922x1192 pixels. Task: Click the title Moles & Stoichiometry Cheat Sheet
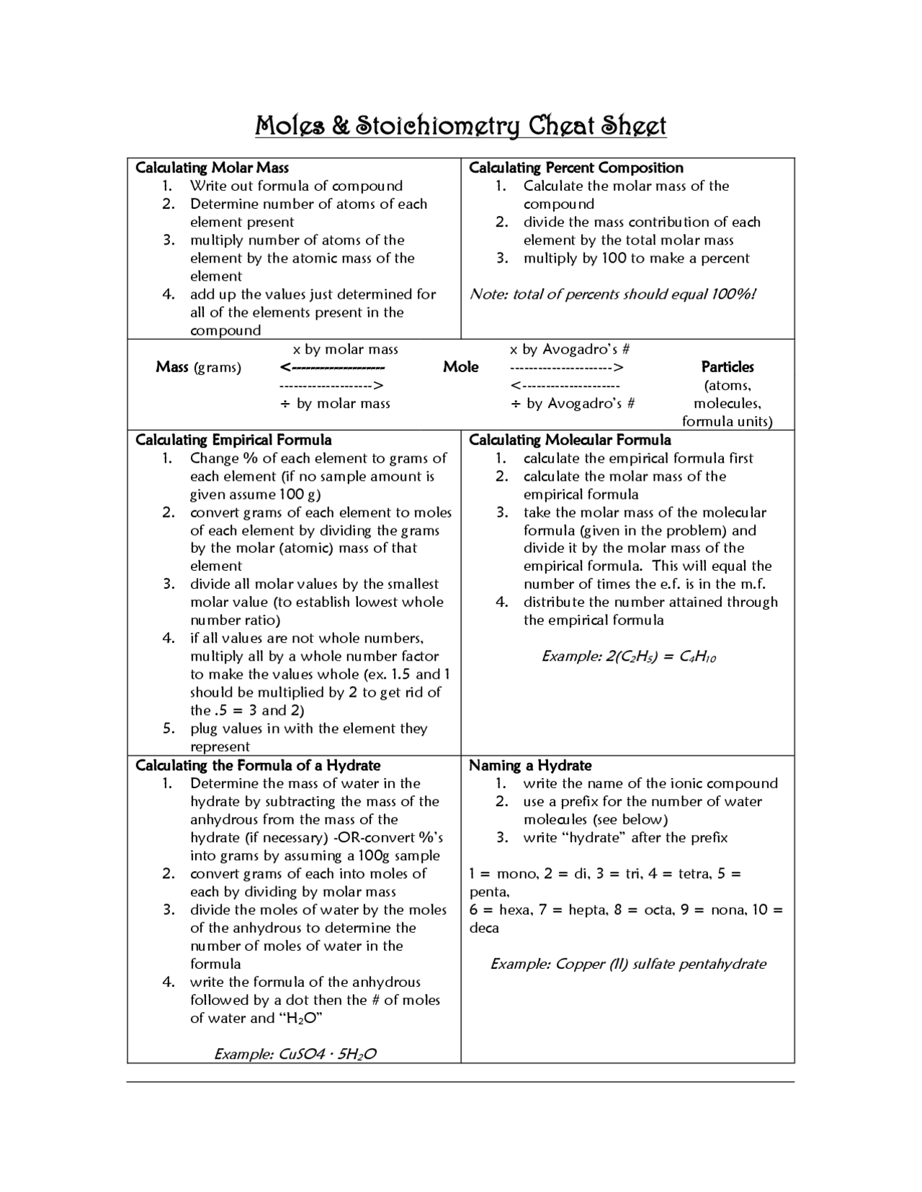[461, 125]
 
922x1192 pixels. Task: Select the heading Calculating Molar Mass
[212, 168]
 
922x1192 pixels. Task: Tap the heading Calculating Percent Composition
[576, 168]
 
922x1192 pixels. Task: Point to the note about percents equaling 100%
[612, 294]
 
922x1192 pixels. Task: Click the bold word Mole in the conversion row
[460, 367]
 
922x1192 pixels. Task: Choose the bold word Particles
[728, 367]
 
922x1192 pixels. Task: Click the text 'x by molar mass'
[345, 349]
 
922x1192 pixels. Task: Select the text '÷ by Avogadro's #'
[573, 403]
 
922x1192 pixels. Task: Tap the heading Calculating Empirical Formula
[233, 440]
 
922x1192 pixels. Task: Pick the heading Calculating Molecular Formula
[570, 440]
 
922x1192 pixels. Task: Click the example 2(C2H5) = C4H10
[628, 656]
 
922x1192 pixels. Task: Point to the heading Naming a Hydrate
[530, 765]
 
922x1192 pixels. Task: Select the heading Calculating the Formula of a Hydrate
[258, 765]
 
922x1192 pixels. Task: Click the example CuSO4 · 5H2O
[295, 1054]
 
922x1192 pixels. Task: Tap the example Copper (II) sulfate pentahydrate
[628, 964]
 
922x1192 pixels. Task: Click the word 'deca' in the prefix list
[484, 928]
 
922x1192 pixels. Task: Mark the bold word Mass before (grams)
[172, 367]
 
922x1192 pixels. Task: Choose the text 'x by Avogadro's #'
[570, 349]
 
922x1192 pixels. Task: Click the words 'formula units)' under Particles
[727, 421]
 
